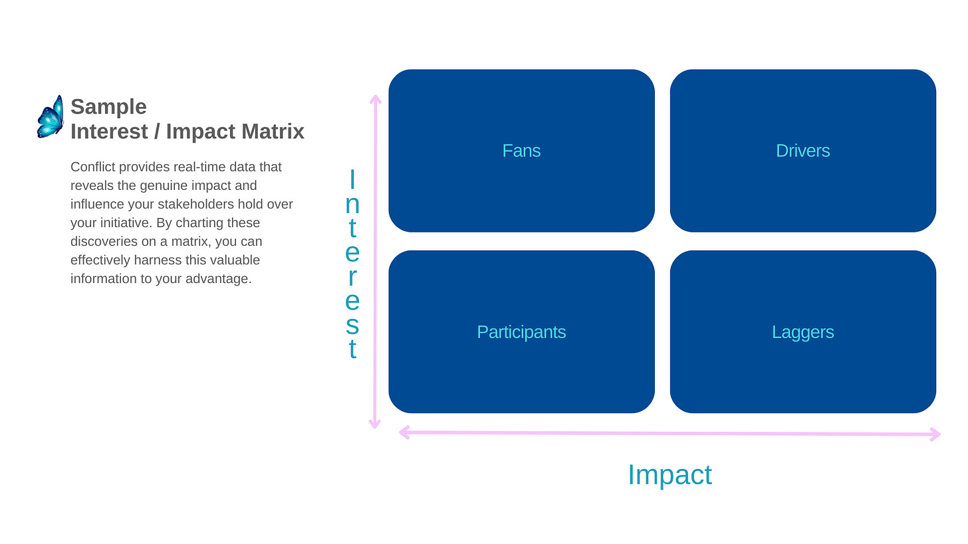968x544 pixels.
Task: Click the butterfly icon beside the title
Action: pyautogui.click(x=51, y=117)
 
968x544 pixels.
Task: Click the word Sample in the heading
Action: pyautogui.click(x=108, y=107)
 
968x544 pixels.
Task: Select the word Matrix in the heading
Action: pyautogui.click(x=273, y=132)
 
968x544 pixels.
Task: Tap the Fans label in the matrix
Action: pyautogui.click(x=521, y=151)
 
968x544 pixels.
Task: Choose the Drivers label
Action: pyautogui.click(x=802, y=151)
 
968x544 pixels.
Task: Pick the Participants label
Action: pyautogui.click(x=521, y=332)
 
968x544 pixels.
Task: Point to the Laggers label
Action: pyautogui.click(x=802, y=332)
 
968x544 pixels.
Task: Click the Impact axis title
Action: pyautogui.click(x=669, y=475)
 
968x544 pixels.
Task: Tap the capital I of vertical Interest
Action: pyautogui.click(x=352, y=179)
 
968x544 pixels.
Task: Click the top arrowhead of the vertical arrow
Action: pyautogui.click(x=376, y=100)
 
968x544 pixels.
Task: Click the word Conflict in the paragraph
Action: pyautogui.click(x=93, y=167)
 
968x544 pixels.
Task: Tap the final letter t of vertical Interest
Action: pyautogui.click(x=352, y=350)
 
